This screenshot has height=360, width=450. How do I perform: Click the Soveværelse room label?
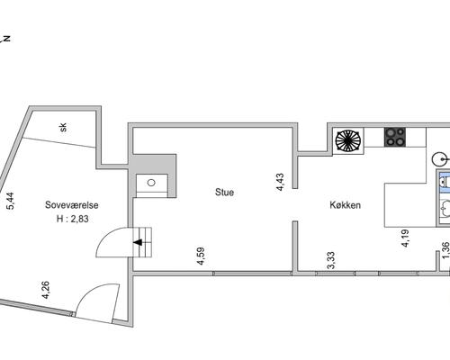72,205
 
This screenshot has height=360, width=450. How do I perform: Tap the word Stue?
224,192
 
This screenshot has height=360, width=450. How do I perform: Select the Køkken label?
345,205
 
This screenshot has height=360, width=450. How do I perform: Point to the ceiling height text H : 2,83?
73,219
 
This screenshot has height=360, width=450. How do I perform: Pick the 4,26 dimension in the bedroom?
46,290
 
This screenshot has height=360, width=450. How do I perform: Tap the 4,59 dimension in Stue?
201,256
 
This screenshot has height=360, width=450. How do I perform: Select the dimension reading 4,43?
280,182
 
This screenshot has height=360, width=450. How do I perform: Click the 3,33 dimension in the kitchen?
331,260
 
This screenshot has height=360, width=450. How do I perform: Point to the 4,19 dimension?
405,238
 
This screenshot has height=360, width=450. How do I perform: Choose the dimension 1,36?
446,250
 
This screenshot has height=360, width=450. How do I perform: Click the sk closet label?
63,128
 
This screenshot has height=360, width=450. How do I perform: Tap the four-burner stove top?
395,137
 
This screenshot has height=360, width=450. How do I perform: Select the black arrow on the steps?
138,242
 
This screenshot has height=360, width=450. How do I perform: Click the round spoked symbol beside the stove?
348,140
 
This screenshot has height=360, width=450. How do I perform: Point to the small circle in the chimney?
151,183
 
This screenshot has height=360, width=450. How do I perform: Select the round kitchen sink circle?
441,159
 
